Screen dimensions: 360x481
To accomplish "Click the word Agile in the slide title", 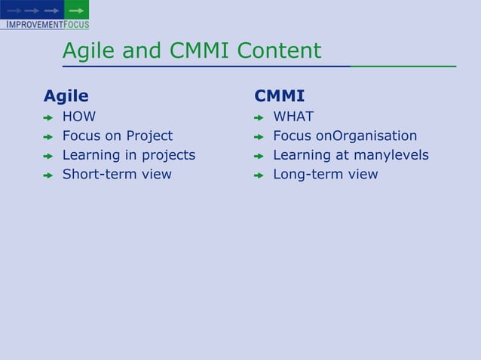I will coord(84,51).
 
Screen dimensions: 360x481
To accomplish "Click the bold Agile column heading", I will coord(66,96).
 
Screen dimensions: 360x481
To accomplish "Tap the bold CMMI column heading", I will coord(280,96).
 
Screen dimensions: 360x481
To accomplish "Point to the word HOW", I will coord(79,117).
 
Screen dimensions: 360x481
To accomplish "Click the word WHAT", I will coord(293,117).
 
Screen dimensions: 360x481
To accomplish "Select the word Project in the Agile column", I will coord(149,136).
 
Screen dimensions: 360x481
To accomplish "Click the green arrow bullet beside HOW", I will coord(47,118).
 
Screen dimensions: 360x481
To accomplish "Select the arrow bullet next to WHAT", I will coord(258,118).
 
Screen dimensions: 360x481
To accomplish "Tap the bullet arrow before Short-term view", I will coord(47,175).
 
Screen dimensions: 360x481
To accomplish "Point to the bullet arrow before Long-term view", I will coord(258,175).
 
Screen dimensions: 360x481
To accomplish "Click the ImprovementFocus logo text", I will coord(45,24).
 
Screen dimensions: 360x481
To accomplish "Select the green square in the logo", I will coord(76,10).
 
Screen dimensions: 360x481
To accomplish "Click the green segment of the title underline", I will coord(403,67).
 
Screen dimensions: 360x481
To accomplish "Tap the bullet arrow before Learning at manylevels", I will coord(258,157).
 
